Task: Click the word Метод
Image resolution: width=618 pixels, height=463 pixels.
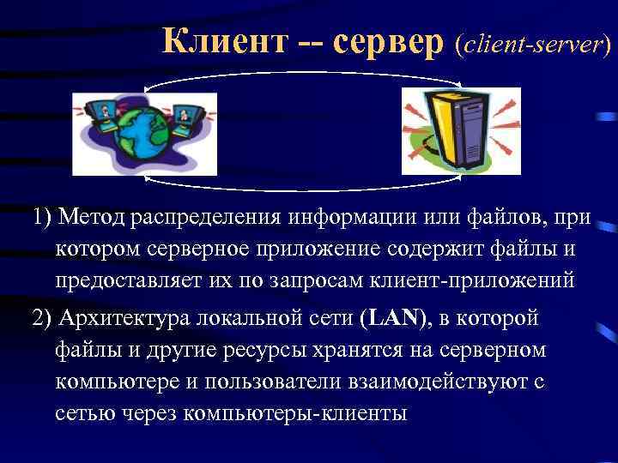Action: (94, 217)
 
